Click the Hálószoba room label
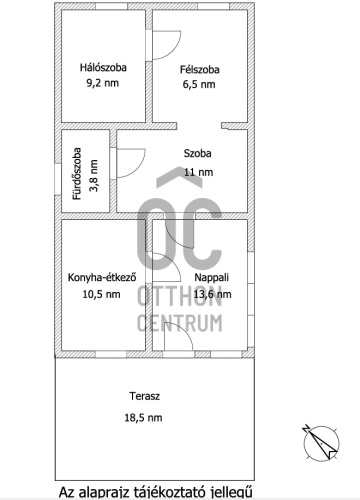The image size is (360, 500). (103, 68)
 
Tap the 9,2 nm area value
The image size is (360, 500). (103, 83)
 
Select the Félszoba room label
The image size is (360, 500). (200, 69)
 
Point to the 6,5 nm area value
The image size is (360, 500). (199, 84)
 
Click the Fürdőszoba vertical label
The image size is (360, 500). (77, 173)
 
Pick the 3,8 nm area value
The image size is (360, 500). (94, 175)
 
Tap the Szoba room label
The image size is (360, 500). (198, 153)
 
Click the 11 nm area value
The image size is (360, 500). (199, 172)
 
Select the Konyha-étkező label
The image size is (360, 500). (102, 277)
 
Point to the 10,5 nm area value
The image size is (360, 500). (101, 294)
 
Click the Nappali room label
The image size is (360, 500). (212, 277)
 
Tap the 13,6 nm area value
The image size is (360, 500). (212, 294)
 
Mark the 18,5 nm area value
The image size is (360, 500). (143, 417)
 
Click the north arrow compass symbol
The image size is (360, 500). (321, 443)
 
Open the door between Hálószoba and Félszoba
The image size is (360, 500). (166, 45)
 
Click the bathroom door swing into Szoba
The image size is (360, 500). (131, 163)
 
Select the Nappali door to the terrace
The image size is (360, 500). (178, 336)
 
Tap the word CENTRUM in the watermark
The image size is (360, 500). (180, 323)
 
